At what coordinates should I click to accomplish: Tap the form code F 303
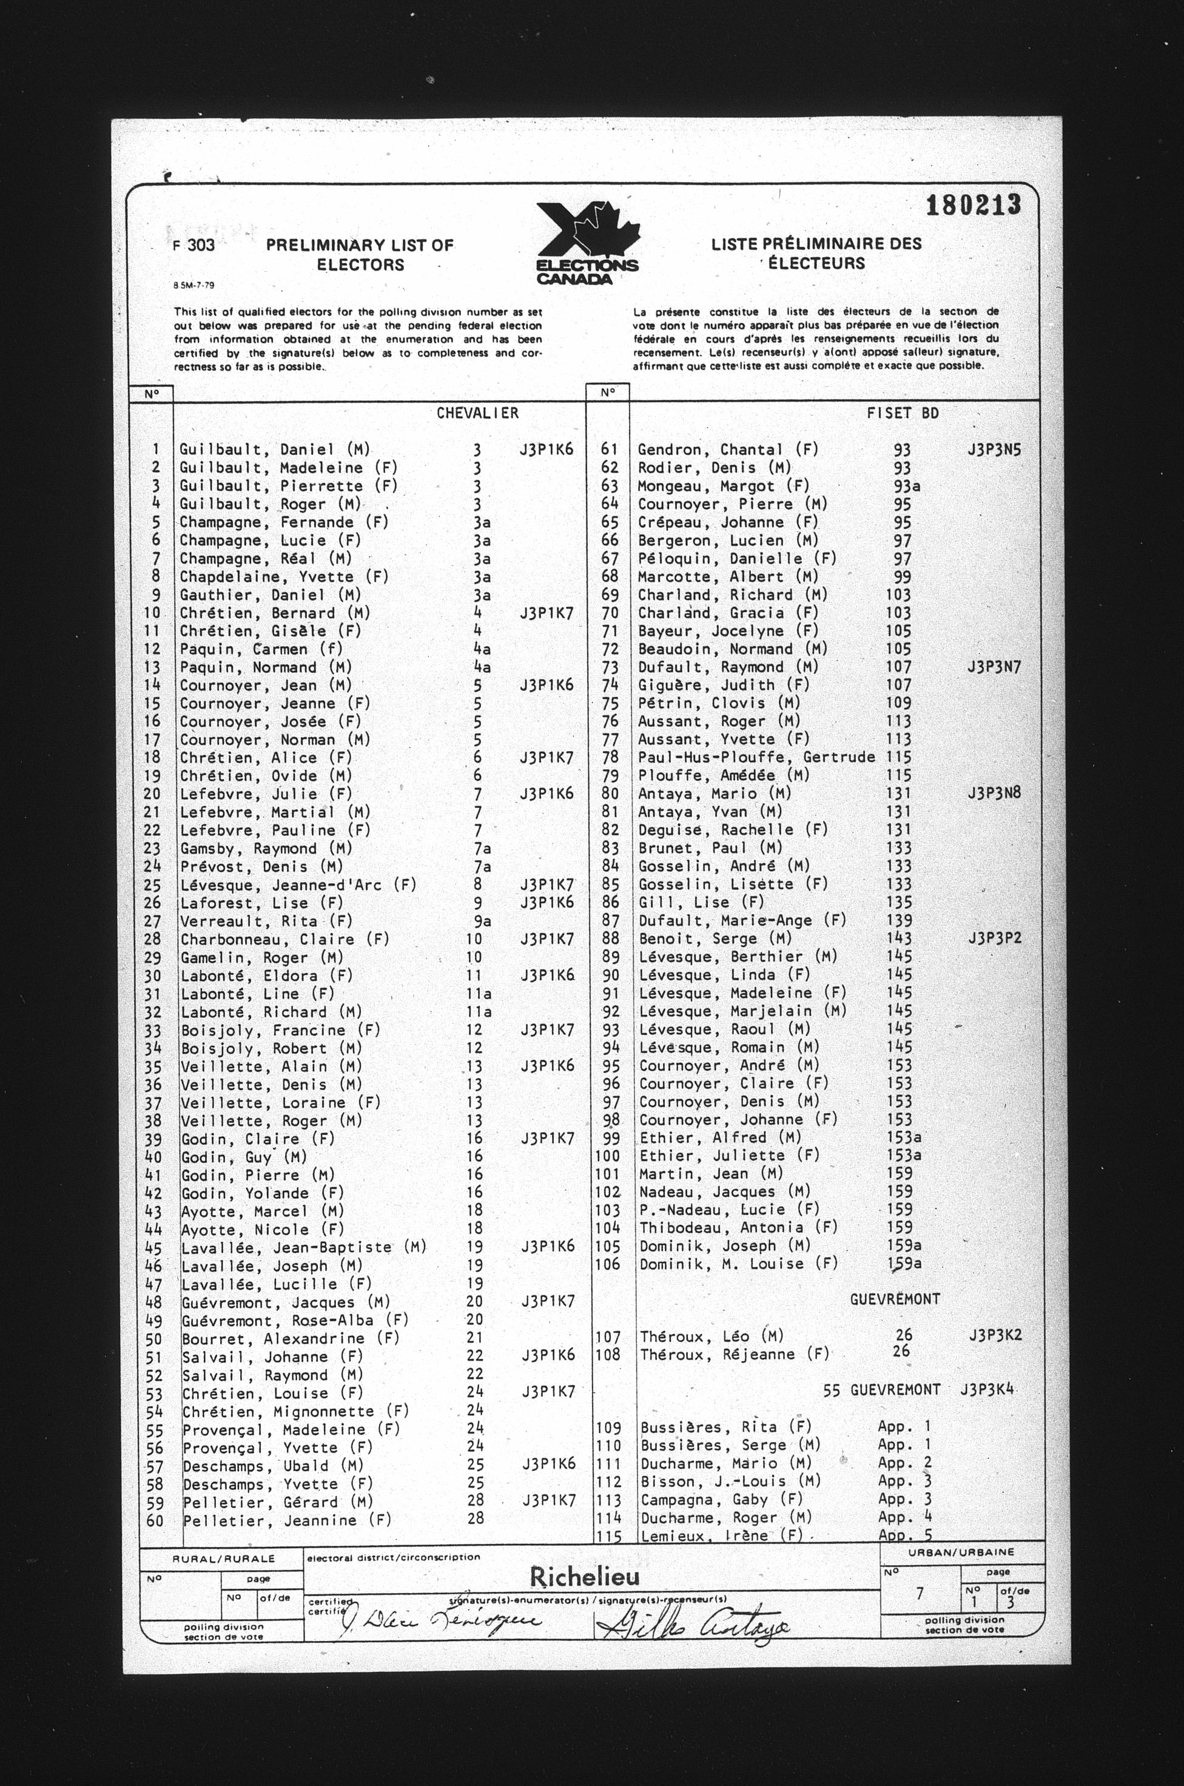click(x=194, y=246)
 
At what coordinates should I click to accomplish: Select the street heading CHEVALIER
click(x=477, y=413)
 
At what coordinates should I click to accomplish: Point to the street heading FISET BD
click(x=903, y=413)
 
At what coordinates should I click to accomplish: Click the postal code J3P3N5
click(x=994, y=450)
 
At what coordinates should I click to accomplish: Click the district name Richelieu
click(x=585, y=1577)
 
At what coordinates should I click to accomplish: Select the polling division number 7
click(x=920, y=1594)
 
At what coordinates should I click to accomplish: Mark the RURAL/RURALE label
click(x=224, y=1559)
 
